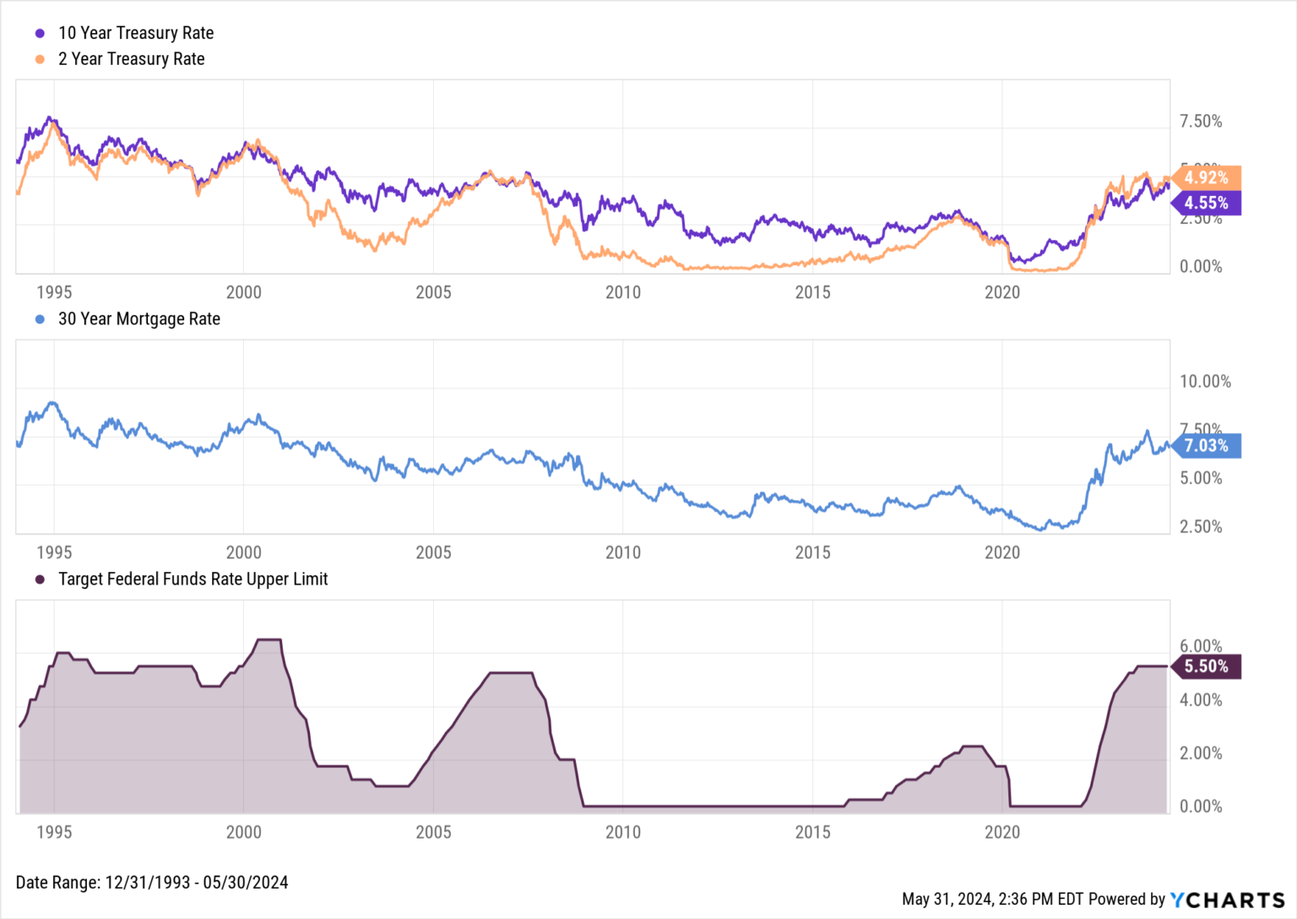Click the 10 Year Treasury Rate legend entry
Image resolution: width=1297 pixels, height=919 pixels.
coord(135,33)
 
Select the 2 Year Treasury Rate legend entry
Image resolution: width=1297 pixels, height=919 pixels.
coord(131,59)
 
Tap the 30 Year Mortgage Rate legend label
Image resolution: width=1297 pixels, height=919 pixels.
coord(138,319)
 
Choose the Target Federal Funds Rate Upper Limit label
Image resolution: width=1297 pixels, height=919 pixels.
coord(193,579)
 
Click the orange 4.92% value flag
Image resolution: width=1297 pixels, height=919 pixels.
coord(1207,177)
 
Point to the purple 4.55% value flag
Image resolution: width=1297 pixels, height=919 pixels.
coord(1207,203)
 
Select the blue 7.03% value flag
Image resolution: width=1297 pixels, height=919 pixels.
coord(1207,446)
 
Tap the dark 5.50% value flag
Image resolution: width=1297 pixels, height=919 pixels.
coord(1207,666)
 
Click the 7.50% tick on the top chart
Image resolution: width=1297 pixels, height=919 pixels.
coord(1201,122)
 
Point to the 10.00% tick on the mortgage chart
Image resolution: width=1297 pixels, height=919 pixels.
coord(1205,382)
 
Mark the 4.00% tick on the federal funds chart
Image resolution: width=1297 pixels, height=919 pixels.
coord(1201,700)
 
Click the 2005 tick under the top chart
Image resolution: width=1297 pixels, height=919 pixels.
coord(433,292)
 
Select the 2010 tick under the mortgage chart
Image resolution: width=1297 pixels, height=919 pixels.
coord(623,552)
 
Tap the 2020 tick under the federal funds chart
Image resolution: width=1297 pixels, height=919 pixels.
coord(1002,832)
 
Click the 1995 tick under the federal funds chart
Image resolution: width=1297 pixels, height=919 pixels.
coord(54,832)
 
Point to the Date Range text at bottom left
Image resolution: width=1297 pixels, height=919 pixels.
coord(152,883)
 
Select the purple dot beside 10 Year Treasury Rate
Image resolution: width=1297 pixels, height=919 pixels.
coord(40,34)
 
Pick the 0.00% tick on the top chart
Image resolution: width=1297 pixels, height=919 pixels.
coord(1201,267)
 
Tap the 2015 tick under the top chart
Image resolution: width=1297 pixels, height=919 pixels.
coord(812,292)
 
